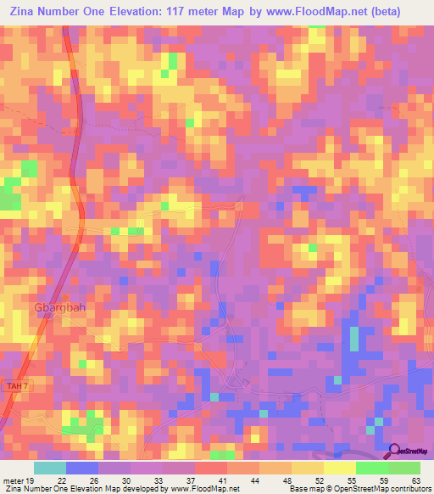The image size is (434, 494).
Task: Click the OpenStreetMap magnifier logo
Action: click(x=395, y=452)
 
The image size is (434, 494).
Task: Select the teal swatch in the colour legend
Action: click(x=50, y=469)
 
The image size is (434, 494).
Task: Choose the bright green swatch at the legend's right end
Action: click(x=404, y=469)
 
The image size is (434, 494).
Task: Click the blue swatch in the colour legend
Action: click(x=82, y=469)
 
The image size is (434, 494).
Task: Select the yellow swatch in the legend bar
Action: click(x=340, y=469)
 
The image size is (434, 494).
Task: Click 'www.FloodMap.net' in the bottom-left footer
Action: click(x=192, y=489)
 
